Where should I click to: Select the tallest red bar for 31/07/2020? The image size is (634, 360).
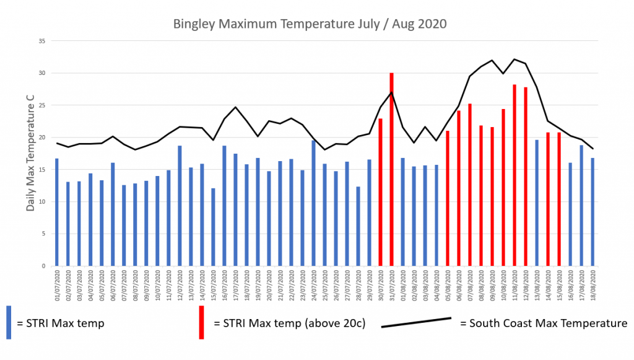391,170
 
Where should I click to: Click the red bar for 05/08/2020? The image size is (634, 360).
448,198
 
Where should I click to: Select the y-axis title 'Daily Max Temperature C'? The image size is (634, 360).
30,153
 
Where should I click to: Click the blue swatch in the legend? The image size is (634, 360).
9,322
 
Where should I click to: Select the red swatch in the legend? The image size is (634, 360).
202,322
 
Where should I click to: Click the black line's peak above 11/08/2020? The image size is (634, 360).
515,59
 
